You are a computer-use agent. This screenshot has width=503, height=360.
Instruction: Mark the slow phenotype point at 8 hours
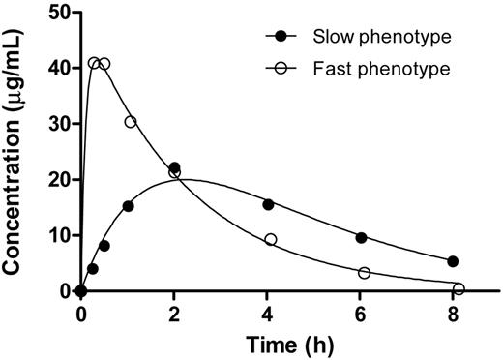pos(453,261)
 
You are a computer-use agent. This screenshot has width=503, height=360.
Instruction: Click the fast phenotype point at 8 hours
pos(459,288)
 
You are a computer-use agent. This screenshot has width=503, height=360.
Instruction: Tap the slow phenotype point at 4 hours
pos(268,204)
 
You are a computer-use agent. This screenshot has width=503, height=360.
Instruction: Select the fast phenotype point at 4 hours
pos(271,239)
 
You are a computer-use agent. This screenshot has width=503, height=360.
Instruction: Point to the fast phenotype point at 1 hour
pos(131,122)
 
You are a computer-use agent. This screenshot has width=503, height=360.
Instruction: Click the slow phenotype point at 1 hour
pos(129,206)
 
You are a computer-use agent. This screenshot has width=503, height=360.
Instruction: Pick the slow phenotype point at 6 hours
pos(361,237)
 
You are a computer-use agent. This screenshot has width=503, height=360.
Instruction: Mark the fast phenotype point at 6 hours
pos(365,273)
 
